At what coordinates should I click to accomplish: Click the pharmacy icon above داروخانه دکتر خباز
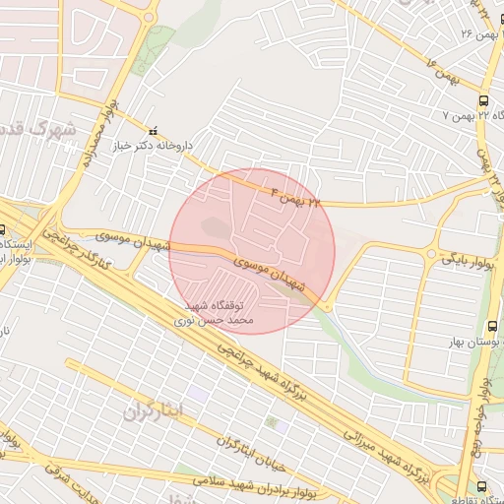152,131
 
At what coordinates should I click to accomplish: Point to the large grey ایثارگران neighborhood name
156,411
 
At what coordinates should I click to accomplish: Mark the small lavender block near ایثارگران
197,393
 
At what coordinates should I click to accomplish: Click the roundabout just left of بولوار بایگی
431,254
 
